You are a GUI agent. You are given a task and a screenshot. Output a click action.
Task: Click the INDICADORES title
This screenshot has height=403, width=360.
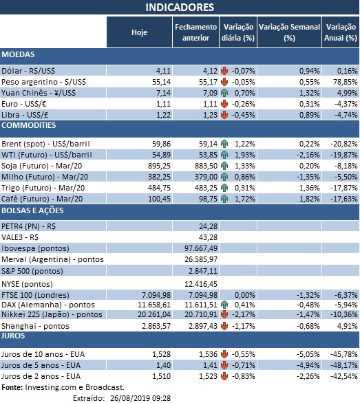(180, 8)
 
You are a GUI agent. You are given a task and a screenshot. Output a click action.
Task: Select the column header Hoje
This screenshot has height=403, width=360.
(139, 32)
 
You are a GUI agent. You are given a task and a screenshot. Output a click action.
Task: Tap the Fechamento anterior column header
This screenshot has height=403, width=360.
(195, 32)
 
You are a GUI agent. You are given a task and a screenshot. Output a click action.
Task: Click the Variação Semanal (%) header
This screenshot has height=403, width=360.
(289, 32)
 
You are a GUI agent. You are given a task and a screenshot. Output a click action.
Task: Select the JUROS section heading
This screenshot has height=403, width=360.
(14, 336)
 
